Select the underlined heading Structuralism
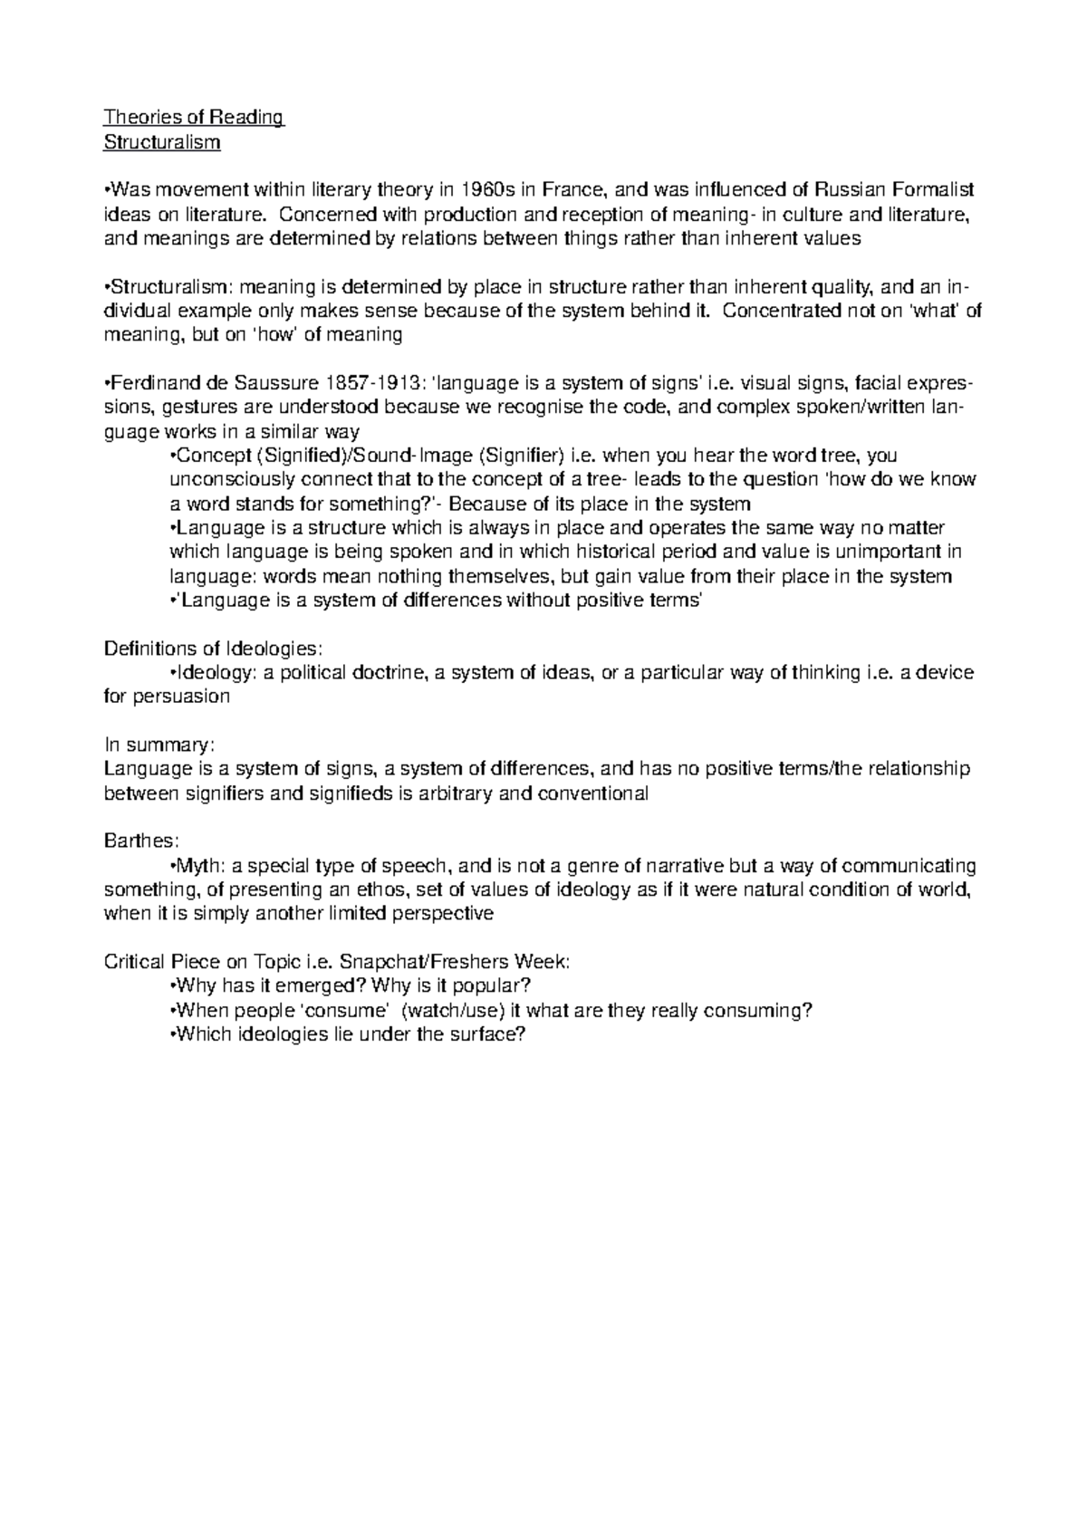(162, 142)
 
